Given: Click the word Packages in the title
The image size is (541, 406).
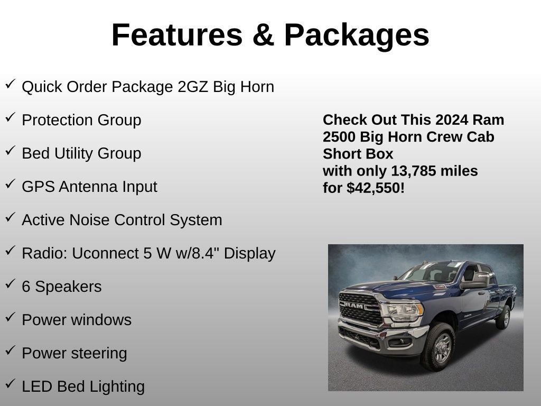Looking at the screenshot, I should pos(357,35).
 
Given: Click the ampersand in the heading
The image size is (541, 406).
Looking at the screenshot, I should pos(263,35).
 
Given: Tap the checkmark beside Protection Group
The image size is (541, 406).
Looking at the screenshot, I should pos(10,118).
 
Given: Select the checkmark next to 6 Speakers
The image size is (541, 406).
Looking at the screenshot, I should pos(10,284).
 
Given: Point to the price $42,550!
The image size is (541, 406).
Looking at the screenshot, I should pos(376,188).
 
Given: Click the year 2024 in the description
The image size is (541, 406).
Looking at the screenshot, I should pos(452,120).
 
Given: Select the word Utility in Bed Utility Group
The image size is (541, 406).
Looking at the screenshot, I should pos(72,153).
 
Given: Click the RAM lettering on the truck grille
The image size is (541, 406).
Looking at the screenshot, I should pos(354,306).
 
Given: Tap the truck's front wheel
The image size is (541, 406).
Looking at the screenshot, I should pos(439,346).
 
